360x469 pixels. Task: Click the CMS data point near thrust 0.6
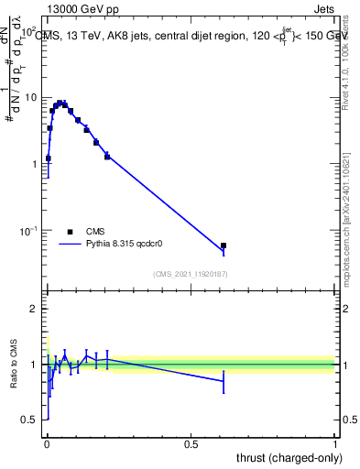click(224, 245)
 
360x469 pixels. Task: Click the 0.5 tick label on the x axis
click(191, 445)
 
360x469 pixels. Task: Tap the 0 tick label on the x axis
click(47, 445)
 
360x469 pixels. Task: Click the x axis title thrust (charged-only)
click(286, 457)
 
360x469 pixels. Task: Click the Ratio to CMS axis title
click(13, 364)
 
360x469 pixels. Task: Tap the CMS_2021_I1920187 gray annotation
click(191, 274)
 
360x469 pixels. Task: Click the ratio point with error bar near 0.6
click(224, 380)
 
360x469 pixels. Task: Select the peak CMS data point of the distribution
click(60, 104)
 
